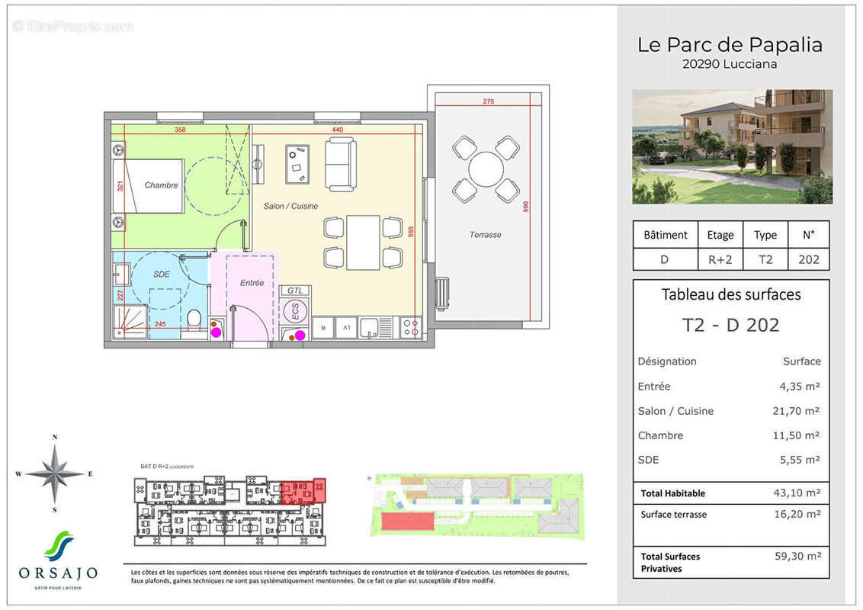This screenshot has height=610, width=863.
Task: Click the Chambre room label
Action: coord(161,185)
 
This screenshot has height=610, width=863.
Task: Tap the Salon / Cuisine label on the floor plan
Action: coord(290,207)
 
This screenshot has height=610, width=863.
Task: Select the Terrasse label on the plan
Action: coord(485,235)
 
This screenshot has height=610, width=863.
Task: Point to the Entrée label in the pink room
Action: coord(252,283)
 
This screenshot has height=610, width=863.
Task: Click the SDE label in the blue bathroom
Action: coord(161,274)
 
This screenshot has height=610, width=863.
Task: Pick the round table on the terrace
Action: coord(486,169)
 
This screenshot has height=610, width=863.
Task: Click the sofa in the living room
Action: coord(340,165)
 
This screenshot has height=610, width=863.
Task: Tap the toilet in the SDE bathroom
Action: coord(194,318)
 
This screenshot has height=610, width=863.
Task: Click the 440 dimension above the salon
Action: coord(337,130)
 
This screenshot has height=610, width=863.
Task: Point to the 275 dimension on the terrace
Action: coord(489,101)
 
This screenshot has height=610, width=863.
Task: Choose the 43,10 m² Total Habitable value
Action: coord(796,493)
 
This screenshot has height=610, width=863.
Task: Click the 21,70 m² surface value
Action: coord(796,411)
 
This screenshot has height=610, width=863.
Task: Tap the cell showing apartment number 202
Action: coord(808,259)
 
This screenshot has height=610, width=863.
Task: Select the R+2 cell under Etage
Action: coord(720,259)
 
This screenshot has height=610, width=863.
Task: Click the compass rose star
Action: coord(55,474)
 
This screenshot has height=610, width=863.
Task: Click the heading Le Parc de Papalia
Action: coord(730,45)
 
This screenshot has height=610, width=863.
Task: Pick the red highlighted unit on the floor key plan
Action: coord(298,492)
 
